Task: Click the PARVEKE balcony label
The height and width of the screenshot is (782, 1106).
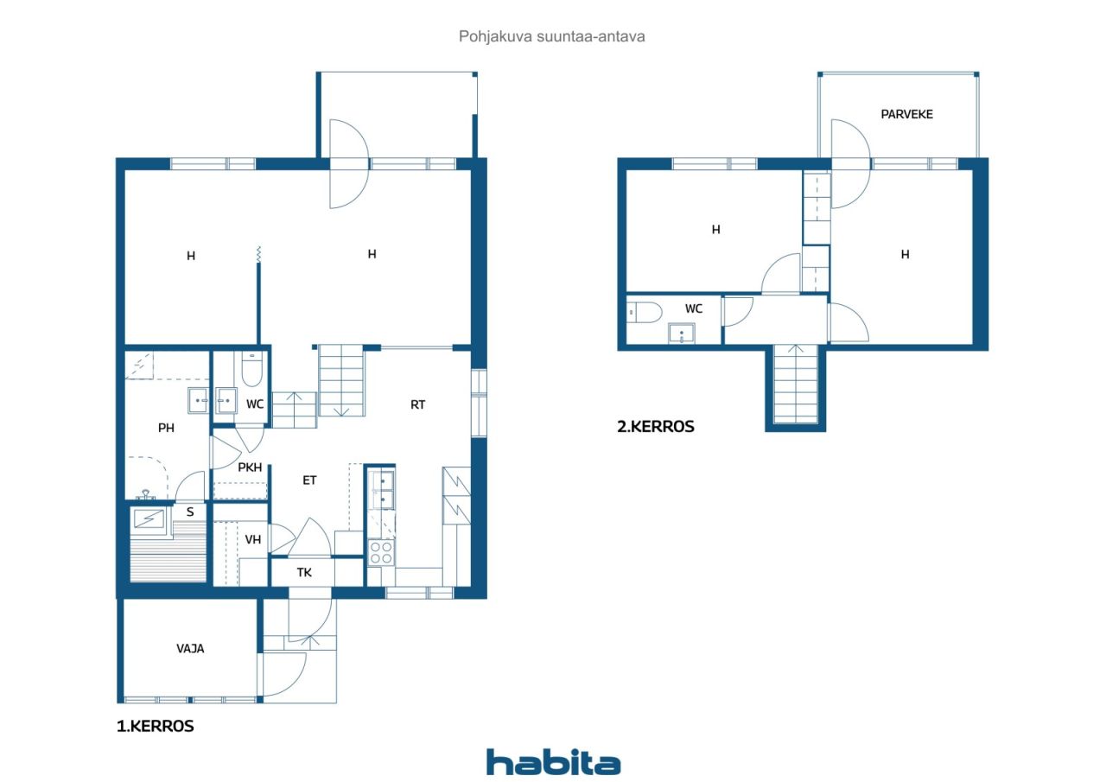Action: point(906,115)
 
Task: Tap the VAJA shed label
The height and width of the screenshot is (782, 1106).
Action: point(190,649)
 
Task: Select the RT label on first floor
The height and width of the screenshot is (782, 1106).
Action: point(417,404)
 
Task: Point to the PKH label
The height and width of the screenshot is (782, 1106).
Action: point(250,467)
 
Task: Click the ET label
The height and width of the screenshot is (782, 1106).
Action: point(309,480)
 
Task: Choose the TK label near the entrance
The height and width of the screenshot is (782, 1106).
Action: point(304,573)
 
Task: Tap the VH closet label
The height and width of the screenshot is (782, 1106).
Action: point(253,539)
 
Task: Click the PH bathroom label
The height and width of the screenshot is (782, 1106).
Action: point(166,428)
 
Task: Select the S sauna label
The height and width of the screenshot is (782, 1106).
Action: point(190,512)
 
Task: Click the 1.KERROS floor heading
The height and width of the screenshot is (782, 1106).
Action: point(155,726)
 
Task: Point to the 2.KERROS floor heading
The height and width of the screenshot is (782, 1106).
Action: point(656,427)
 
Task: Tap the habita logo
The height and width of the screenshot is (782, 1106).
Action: point(554,762)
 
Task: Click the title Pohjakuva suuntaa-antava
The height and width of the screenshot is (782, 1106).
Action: point(552,36)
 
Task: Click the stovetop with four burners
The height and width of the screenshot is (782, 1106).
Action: point(381,552)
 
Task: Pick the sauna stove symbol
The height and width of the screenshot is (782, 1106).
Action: point(149,520)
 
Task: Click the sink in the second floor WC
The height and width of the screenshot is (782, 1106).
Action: point(682,334)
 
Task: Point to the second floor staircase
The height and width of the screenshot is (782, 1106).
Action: point(796,385)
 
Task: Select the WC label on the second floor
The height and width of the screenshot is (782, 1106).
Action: point(694,309)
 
